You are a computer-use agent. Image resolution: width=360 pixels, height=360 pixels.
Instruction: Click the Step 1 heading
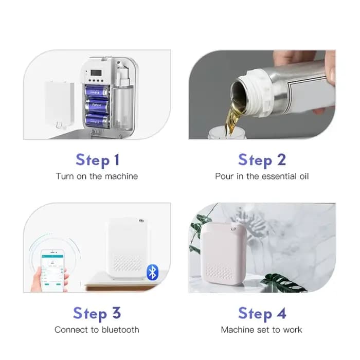(x=98, y=160)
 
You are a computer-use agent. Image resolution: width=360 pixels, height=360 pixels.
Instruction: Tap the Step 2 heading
(x=262, y=160)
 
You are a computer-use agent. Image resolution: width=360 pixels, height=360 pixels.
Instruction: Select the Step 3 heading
(x=97, y=313)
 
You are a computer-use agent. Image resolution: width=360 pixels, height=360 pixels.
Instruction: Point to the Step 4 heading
(x=262, y=313)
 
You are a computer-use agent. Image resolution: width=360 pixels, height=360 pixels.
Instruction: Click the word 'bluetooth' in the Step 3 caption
(x=120, y=330)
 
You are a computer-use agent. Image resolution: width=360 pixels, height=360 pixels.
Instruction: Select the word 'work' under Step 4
(x=293, y=330)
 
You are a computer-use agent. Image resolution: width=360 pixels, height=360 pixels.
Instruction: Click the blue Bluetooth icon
(x=152, y=272)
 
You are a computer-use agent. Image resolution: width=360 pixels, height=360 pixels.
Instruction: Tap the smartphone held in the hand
(x=52, y=271)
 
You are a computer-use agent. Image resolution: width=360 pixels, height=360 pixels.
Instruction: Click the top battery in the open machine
(x=97, y=92)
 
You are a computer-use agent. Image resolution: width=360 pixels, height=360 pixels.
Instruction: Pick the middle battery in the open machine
(x=97, y=106)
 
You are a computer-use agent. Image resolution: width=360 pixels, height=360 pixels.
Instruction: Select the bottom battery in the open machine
(x=97, y=121)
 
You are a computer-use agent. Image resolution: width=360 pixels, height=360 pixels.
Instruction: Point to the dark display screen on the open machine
(x=96, y=73)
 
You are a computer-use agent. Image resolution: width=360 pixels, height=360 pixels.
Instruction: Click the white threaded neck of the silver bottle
(x=259, y=92)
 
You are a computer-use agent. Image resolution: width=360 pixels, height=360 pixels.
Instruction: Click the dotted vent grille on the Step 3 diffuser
(x=128, y=263)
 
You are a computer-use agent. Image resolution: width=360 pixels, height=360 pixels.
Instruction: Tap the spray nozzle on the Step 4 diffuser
(x=234, y=229)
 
